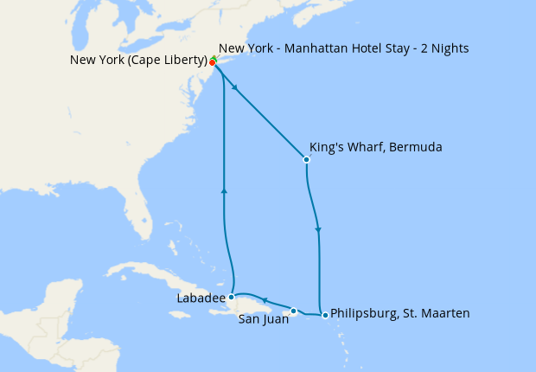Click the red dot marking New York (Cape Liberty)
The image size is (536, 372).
212,62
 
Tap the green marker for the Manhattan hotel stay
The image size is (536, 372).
214,58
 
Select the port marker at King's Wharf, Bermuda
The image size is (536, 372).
306,159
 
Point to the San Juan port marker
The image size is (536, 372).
294,311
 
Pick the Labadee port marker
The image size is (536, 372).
231,297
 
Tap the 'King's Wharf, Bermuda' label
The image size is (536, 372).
375,148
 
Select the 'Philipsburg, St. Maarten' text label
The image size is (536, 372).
400,314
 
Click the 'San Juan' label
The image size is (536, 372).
264,318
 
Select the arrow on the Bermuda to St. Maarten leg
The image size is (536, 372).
319,230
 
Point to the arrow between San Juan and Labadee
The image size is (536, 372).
265,300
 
